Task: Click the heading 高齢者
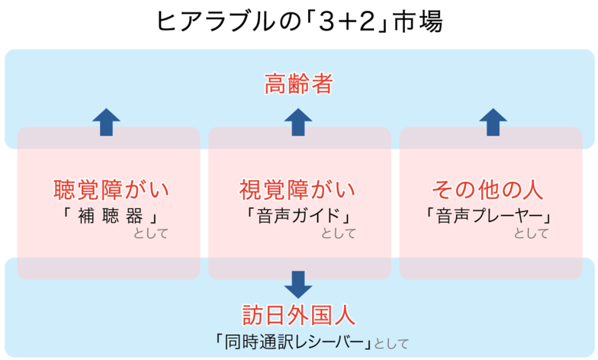point(298,84)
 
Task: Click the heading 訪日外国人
point(298,315)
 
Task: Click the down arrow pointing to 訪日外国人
point(298,284)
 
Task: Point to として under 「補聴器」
point(150,233)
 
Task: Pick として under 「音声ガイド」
point(339,233)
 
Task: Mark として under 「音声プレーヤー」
point(531,233)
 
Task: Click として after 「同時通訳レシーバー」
point(391,343)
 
